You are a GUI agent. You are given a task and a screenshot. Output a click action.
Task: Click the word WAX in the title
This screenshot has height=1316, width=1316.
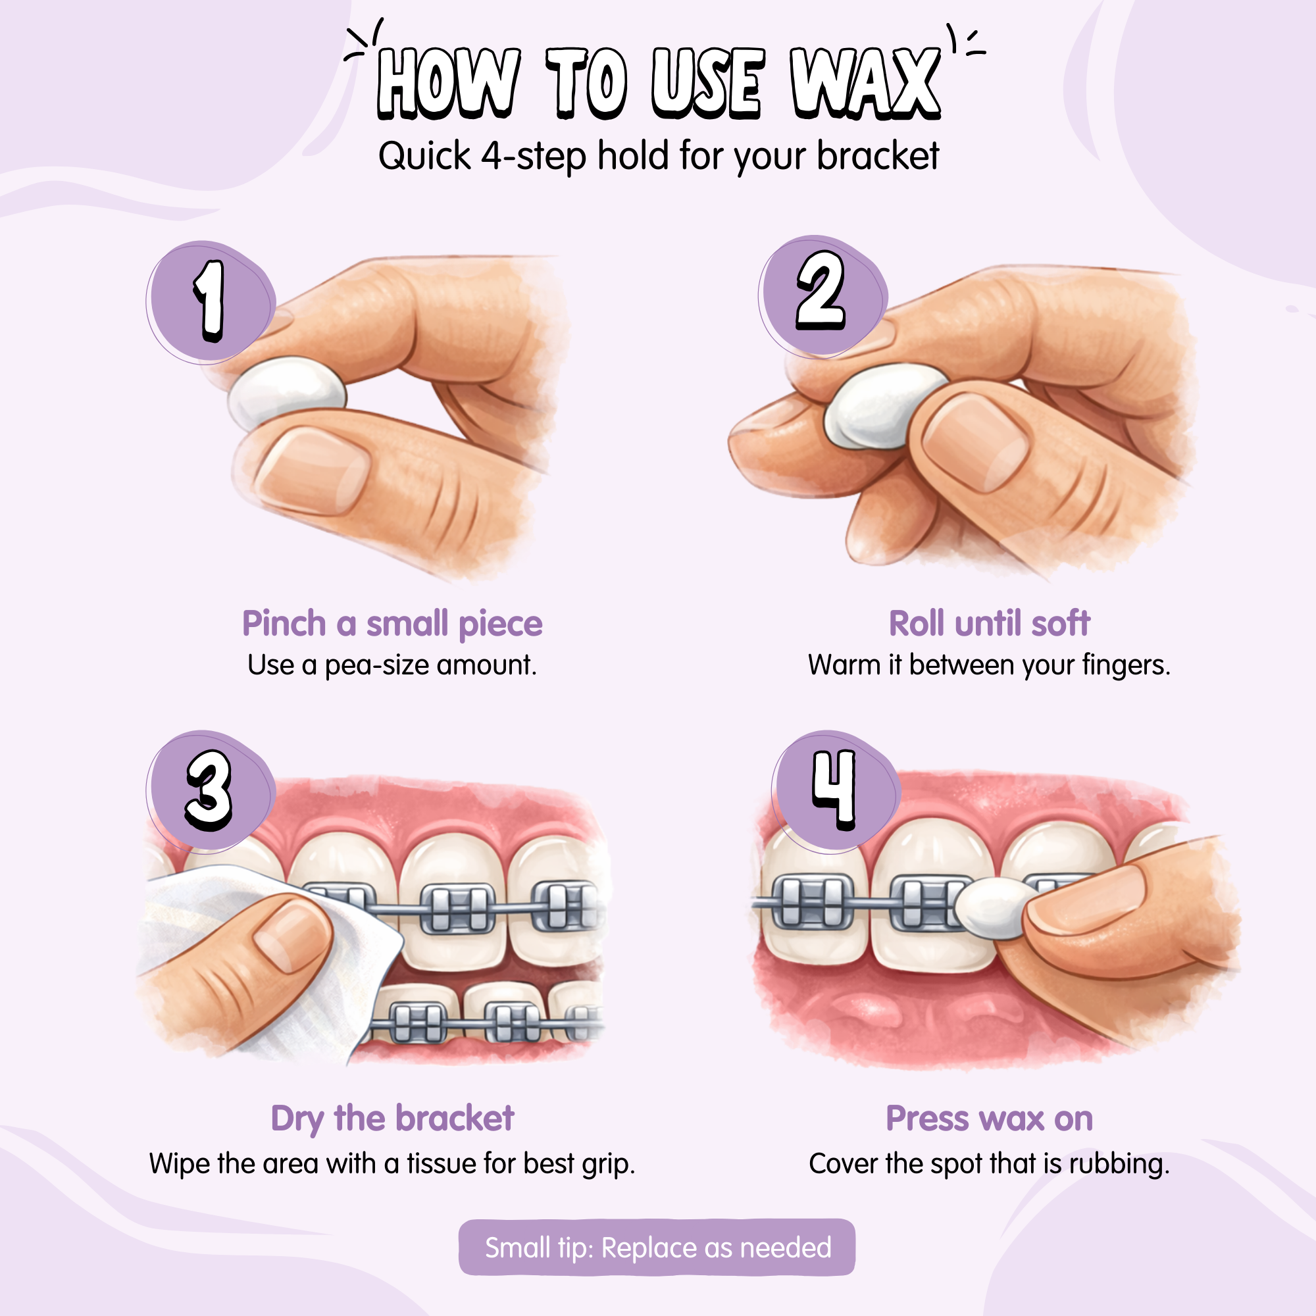click(x=865, y=84)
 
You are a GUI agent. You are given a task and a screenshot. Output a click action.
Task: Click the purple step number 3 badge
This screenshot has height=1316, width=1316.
click(x=211, y=791)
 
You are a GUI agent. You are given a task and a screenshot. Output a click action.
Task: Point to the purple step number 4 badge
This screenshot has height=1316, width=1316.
click(x=836, y=792)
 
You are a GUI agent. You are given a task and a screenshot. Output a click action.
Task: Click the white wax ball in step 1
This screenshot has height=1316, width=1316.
click(x=287, y=393)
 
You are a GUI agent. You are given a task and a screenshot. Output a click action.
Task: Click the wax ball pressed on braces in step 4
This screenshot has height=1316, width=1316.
click(x=995, y=908)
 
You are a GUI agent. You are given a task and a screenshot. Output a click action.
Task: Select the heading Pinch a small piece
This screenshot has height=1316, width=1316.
click(x=392, y=624)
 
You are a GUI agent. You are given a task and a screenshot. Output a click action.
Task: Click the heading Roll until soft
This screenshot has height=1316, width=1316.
click(x=989, y=623)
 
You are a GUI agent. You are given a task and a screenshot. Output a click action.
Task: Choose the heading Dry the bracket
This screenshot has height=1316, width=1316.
click(x=392, y=1119)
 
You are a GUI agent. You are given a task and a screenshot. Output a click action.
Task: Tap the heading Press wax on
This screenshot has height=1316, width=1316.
click(x=989, y=1119)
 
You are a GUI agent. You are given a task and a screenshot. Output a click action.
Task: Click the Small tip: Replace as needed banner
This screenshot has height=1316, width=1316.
click(x=657, y=1247)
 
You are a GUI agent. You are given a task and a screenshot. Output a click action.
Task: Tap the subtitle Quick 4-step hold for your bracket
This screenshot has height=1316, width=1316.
click(x=659, y=156)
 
